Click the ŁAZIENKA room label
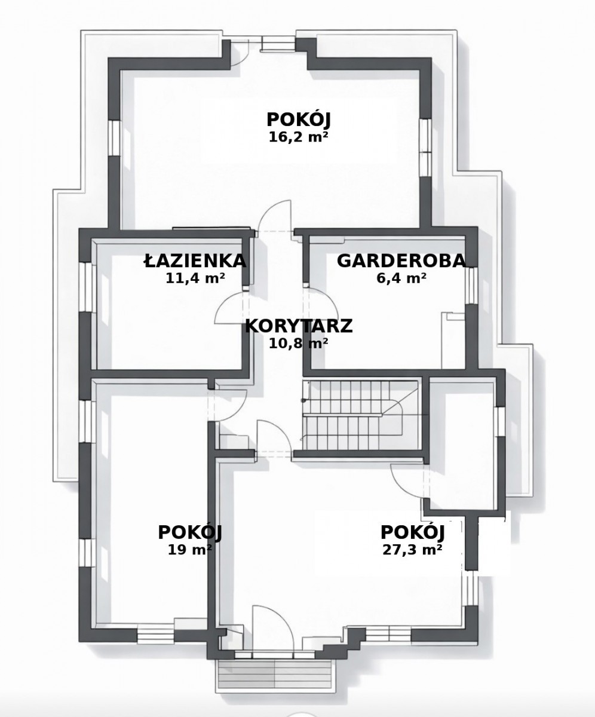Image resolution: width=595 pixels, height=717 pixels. [195, 261]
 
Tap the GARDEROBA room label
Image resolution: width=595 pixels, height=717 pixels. [401, 261]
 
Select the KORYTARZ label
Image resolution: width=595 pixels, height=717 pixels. [299, 326]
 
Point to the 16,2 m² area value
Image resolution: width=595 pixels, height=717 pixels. [298, 137]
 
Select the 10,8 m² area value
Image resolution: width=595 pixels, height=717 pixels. [298, 343]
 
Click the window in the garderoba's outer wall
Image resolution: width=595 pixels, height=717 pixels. [472, 285]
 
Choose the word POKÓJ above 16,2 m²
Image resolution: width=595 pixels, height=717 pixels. [298, 120]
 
